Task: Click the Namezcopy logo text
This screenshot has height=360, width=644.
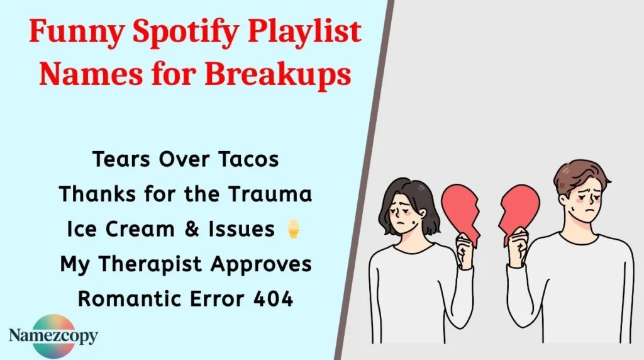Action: coord(54,335)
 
